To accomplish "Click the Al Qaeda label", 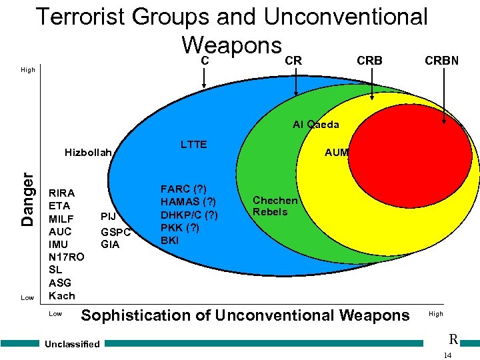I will click(x=316, y=125).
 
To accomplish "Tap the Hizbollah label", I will click(x=88, y=153).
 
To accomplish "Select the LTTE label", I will click(x=194, y=145).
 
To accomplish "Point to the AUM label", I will click(x=336, y=153).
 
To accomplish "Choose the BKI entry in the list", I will click(x=171, y=239).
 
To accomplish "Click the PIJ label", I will click(x=108, y=216).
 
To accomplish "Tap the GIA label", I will click(x=110, y=245).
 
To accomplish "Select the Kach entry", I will click(x=62, y=295).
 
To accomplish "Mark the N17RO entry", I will click(x=67, y=257).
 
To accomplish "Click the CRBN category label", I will click(x=441, y=61).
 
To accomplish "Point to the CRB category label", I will click(x=370, y=61).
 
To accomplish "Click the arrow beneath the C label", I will click(x=205, y=77).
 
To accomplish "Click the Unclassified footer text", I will click(x=73, y=344).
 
